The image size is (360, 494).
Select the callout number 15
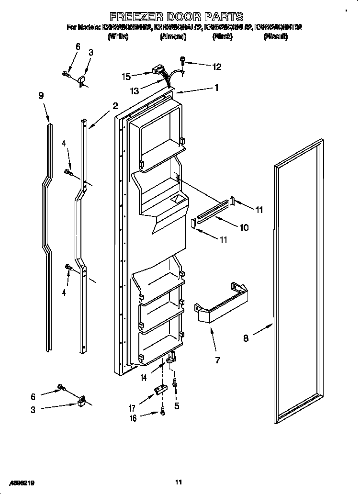pyautogui.click(x=126, y=76)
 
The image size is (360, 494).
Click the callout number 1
pyautogui.click(x=216, y=88)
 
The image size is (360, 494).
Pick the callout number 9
pyautogui.click(x=41, y=96)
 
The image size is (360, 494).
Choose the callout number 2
pyautogui.click(x=115, y=106)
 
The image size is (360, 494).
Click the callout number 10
pyautogui.click(x=244, y=228)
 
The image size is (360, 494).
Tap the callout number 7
pyautogui.click(x=217, y=360)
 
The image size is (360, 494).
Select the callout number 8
pyautogui.click(x=246, y=338)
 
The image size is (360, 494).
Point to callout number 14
pyautogui.click(x=143, y=378)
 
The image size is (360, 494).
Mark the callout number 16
pyautogui.click(x=133, y=418)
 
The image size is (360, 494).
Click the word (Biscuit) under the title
pyautogui.click(x=275, y=36)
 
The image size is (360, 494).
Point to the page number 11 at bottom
pyautogui.click(x=179, y=482)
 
